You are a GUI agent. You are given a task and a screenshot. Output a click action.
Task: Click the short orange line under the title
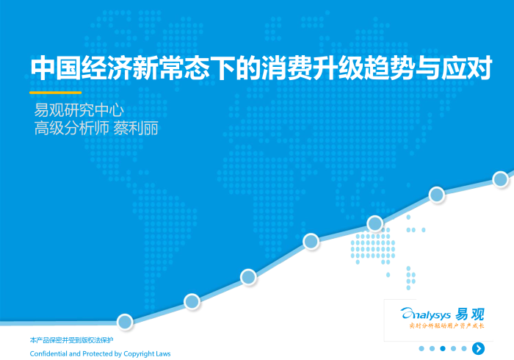[x=55, y=93]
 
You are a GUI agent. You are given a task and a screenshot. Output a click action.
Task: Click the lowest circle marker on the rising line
[x=125, y=321]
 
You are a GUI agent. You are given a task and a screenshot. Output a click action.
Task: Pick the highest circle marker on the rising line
[x=501, y=179]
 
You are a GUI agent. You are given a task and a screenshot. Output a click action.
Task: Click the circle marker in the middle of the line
[x=311, y=240]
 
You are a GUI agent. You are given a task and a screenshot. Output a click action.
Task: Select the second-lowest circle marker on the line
[x=192, y=300]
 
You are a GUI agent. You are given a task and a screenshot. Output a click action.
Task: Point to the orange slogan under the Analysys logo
[x=446, y=325]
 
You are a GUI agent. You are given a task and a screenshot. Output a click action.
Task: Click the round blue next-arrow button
[x=479, y=348]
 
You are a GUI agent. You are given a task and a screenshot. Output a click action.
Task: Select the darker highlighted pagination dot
[x=443, y=348]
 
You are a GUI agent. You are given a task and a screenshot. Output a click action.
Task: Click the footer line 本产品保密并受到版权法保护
[x=71, y=341]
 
